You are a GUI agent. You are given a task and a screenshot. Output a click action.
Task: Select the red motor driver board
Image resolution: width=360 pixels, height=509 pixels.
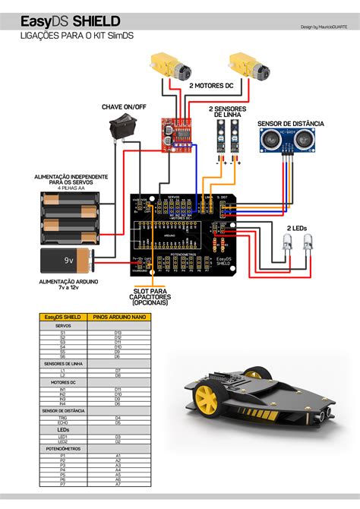click(176, 133)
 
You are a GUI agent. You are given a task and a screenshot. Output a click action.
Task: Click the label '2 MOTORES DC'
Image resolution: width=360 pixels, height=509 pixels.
click(210, 86)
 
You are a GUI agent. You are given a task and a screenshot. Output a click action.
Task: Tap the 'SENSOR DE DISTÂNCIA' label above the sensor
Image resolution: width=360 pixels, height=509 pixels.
click(291, 122)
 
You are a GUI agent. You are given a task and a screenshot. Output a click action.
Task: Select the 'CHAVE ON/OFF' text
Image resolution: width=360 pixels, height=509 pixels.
click(124, 107)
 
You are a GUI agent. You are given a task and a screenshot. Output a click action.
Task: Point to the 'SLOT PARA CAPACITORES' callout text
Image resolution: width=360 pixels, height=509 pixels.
click(154, 298)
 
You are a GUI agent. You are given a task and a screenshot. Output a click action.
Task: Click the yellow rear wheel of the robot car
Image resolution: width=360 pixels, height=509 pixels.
click(205, 397)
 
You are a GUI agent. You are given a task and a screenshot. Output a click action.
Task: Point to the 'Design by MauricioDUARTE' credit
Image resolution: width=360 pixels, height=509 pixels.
click(325, 27)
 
